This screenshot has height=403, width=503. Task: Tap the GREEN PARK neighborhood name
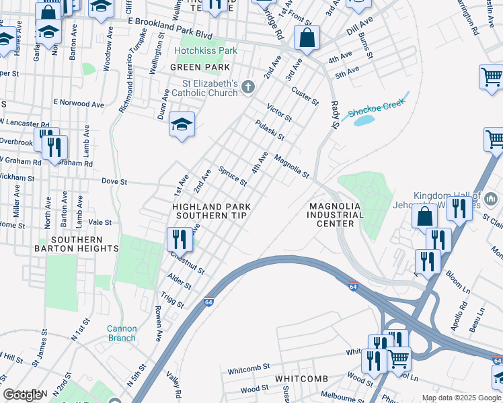tap(200, 67)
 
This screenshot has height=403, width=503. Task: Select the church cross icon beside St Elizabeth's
tap(248, 87)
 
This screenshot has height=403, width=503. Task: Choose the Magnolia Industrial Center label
tap(336, 215)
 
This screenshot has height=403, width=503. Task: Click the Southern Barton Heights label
tap(76, 244)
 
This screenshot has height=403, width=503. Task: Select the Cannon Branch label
tap(122, 333)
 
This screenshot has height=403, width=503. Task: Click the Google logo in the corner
tap(22, 395)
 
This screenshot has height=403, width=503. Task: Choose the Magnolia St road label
tap(291, 167)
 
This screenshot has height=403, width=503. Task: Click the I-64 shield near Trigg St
tap(209, 302)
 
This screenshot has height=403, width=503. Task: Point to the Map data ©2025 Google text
tap(460, 398)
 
